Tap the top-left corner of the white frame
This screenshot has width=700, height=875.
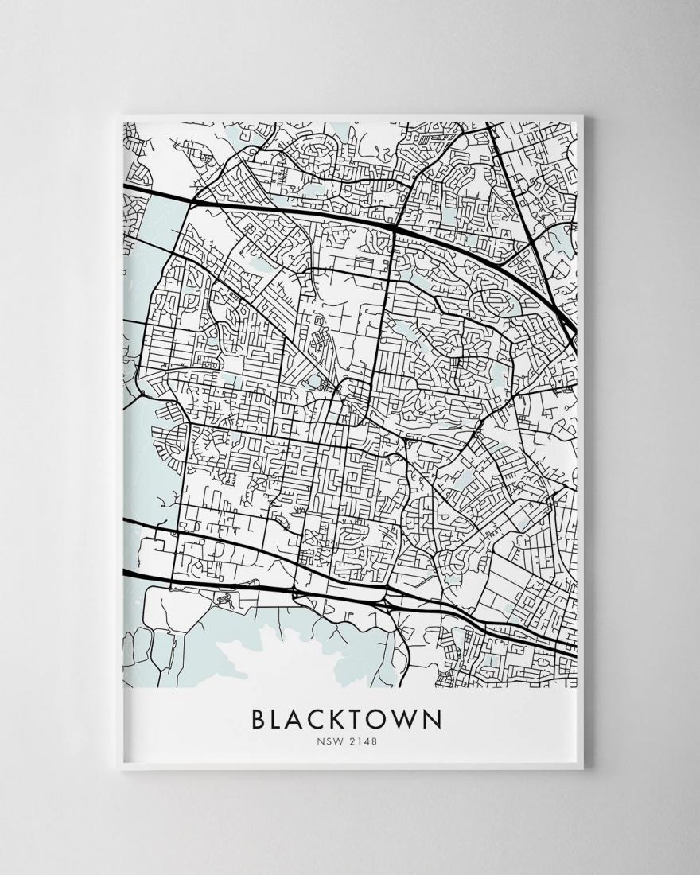[x=118, y=117]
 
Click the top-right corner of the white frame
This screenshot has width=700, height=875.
[x=583, y=117]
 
